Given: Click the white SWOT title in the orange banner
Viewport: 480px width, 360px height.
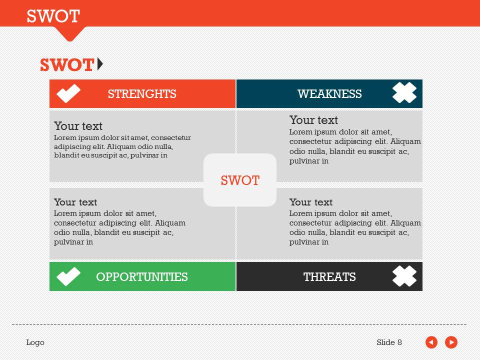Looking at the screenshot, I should click(x=53, y=16).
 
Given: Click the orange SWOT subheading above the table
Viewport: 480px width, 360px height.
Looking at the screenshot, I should click(x=67, y=65).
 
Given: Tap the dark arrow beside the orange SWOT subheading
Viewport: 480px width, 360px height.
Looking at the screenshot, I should click(x=100, y=64).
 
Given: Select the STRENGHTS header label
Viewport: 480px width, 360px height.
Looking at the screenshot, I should click(x=142, y=94).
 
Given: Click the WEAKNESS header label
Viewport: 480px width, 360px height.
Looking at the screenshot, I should click(x=329, y=94).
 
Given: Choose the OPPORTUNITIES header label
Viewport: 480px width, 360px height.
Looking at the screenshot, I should click(x=142, y=277).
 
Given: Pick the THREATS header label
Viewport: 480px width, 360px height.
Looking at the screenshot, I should click(x=329, y=277).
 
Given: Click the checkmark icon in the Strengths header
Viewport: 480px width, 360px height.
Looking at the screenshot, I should click(x=68, y=93).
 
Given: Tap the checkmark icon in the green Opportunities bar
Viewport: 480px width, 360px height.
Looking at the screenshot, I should click(x=68, y=276).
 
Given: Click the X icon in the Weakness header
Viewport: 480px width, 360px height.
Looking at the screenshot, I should click(x=404, y=93).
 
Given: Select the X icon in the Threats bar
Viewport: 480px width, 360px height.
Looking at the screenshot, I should click(x=404, y=276).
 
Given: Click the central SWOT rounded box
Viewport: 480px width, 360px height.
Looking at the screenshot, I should click(x=240, y=180).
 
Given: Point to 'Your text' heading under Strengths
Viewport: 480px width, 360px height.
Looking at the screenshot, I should click(x=78, y=126).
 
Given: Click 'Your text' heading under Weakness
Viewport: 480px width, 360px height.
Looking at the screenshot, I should click(x=313, y=120).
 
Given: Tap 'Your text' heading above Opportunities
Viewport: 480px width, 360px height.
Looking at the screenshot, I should click(x=75, y=202).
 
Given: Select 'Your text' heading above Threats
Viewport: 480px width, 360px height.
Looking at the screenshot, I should click(x=310, y=202).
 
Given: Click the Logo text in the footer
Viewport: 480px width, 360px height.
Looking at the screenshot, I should click(x=35, y=342).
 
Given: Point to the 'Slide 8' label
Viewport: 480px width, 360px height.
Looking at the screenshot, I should click(x=389, y=342).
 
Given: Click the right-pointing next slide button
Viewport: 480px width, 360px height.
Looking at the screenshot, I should click(x=451, y=342).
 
